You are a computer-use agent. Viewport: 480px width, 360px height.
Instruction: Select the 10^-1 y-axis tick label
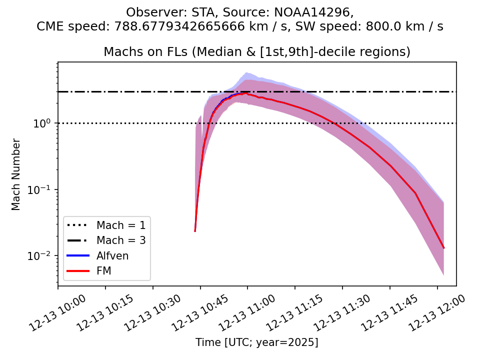click(43, 189)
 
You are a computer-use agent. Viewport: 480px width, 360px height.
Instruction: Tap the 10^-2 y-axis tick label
click(43, 255)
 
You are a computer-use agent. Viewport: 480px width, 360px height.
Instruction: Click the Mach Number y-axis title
click(16, 174)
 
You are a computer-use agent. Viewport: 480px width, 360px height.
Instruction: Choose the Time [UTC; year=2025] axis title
click(256, 342)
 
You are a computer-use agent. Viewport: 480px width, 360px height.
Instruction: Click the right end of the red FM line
click(443, 248)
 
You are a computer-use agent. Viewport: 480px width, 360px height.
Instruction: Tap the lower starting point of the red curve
click(195, 231)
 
